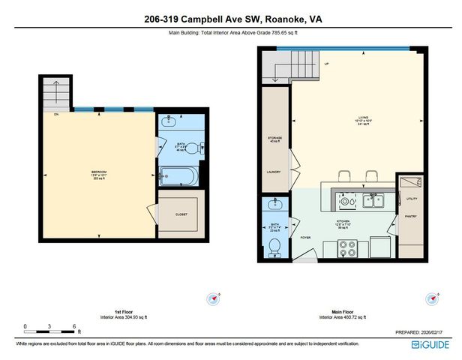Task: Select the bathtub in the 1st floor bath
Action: (179, 178)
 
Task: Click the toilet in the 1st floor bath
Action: (193, 148)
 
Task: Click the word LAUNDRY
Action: (274, 172)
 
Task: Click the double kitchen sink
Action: (373, 200)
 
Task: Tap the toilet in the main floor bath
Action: (274, 245)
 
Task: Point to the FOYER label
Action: (306, 237)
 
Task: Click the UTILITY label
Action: (410, 199)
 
